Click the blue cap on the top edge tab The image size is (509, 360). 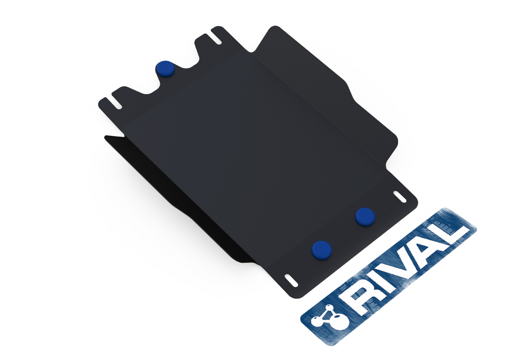point(165,69)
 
